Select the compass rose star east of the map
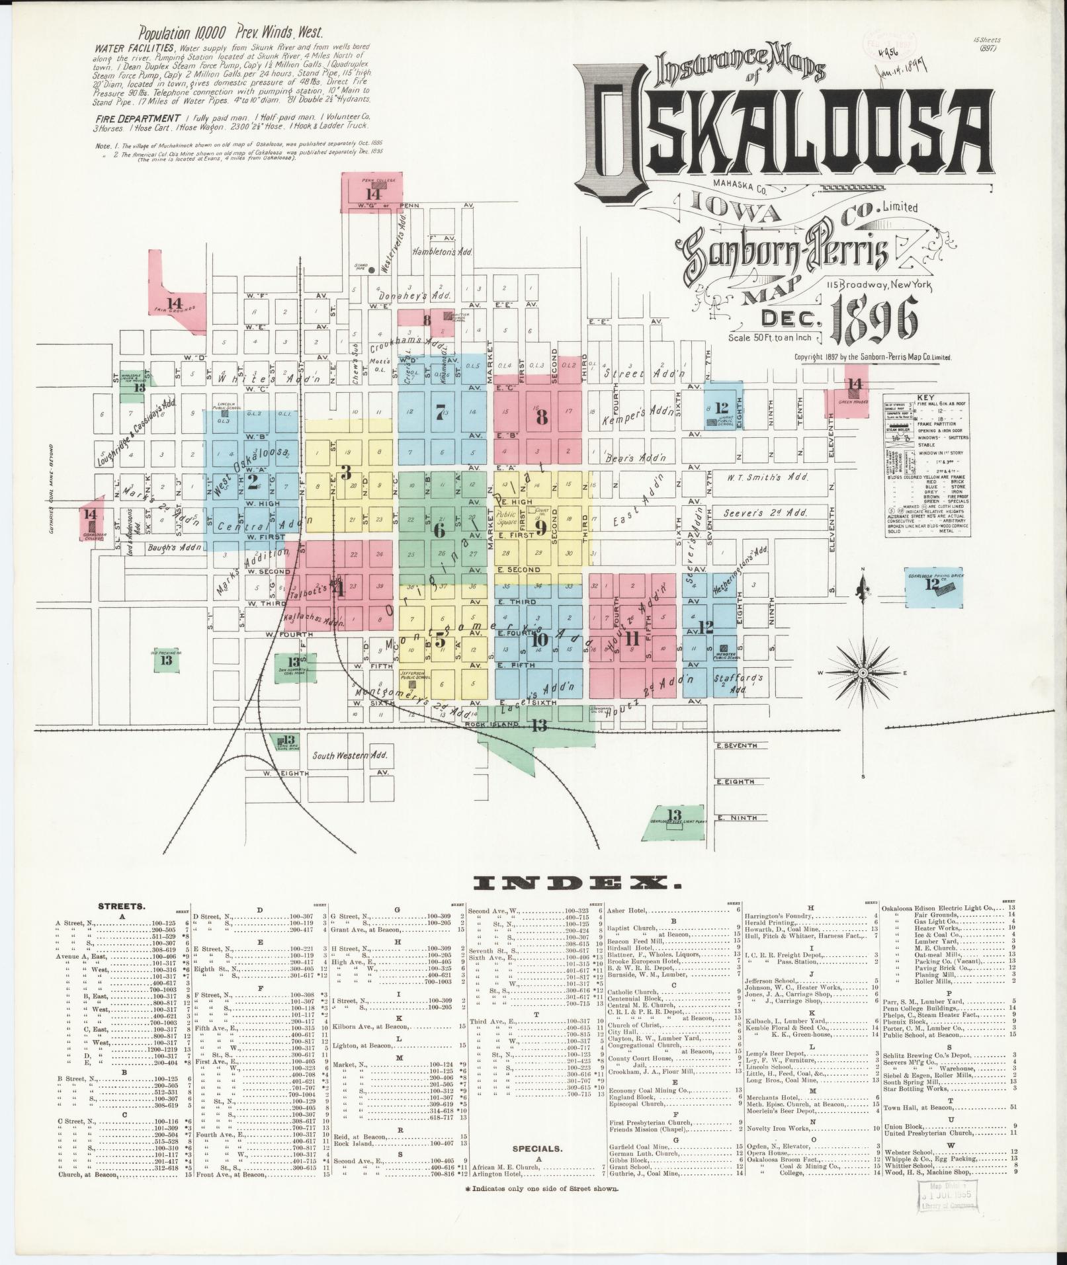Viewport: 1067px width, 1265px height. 863,673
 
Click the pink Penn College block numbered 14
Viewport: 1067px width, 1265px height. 373,192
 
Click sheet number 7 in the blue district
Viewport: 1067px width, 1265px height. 440,410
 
